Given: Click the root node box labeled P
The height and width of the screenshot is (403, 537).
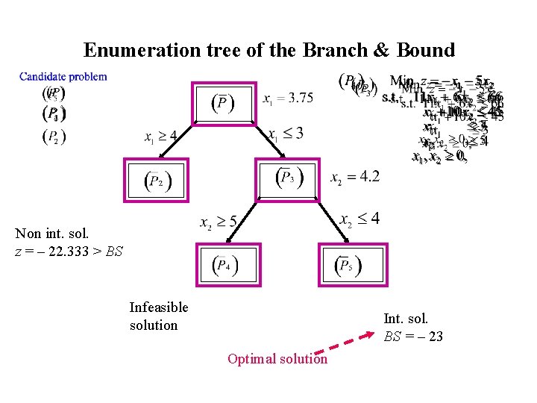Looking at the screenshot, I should [222, 102].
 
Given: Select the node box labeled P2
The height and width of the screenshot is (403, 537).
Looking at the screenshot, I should [154, 181].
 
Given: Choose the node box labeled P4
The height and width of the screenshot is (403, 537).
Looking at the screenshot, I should [224, 265].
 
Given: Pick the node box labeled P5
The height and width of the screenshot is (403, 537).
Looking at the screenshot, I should [348, 265].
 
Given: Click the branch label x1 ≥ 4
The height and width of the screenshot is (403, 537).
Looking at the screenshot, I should [160, 137].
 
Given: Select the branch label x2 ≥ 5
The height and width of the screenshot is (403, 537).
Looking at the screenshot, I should [218, 222].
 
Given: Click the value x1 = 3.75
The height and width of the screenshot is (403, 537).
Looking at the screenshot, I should [288, 98].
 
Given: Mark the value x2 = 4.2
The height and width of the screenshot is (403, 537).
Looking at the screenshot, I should [355, 177].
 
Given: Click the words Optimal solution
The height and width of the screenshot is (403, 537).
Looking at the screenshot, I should [277, 359].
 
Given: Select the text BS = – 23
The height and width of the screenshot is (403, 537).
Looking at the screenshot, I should [413, 337].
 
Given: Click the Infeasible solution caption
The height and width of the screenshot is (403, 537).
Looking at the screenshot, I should [159, 316].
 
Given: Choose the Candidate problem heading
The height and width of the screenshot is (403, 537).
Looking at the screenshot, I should [63, 76].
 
